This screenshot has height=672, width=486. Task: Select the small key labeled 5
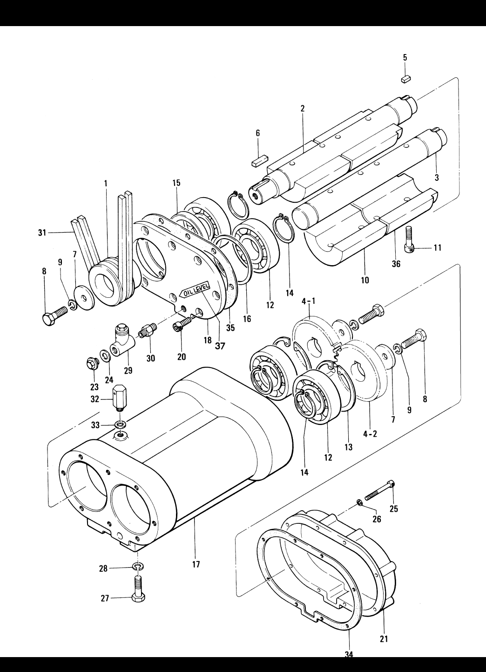406,79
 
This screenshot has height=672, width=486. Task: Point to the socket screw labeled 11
410,240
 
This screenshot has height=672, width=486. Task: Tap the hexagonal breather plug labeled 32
120,397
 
